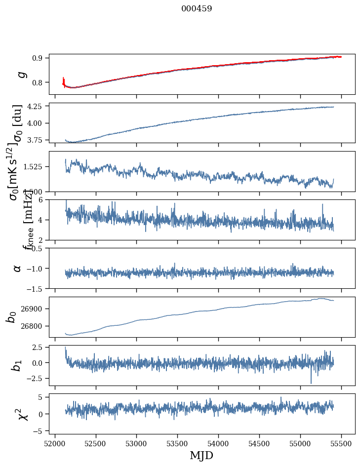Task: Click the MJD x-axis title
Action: click(x=201, y=455)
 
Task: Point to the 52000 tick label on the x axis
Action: click(x=55, y=442)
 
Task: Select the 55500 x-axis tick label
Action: click(x=341, y=442)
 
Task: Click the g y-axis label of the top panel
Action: click(x=20, y=74)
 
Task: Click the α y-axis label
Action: click(x=18, y=268)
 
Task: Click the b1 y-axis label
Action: click(x=17, y=365)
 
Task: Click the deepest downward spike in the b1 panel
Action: click(x=311, y=383)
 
